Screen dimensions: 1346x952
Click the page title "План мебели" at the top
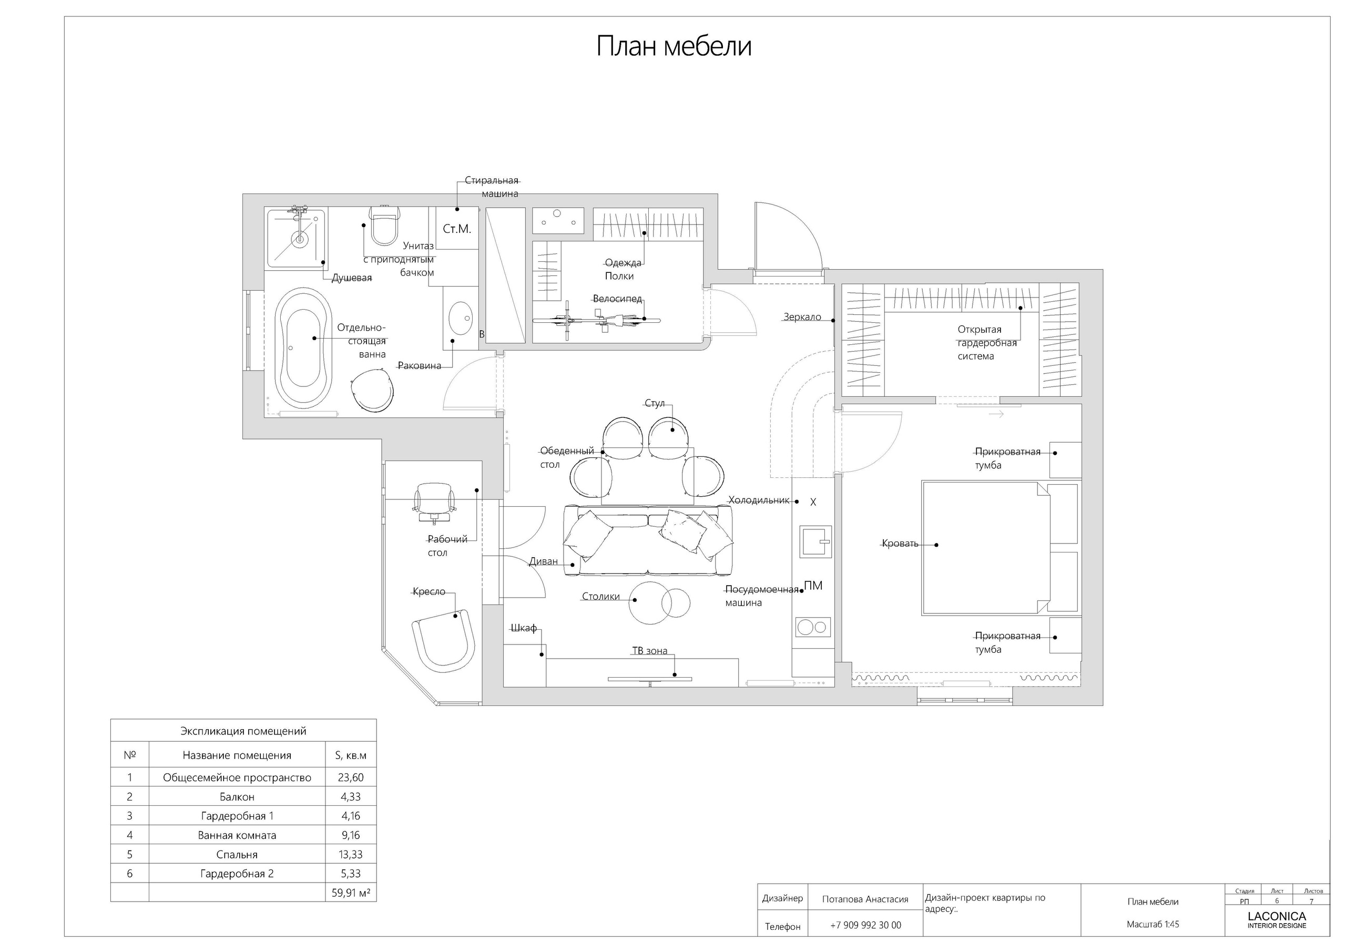click(674, 46)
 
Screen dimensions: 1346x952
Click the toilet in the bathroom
click(384, 225)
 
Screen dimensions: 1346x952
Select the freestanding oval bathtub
click(303, 347)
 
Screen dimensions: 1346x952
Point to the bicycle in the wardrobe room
click(596, 320)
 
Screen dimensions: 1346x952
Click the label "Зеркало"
click(802, 317)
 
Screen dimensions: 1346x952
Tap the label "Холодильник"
click(759, 500)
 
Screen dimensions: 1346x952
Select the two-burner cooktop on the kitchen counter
click(813, 627)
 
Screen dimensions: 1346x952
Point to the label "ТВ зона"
click(649, 651)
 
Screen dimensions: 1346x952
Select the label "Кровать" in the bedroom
click(900, 544)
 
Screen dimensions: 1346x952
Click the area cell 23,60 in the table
click(351, 777)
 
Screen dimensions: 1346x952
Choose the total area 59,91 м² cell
click(351, 893)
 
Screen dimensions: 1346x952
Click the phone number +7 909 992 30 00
click(866, 925)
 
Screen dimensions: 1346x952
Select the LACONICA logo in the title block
click(1277, 920)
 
